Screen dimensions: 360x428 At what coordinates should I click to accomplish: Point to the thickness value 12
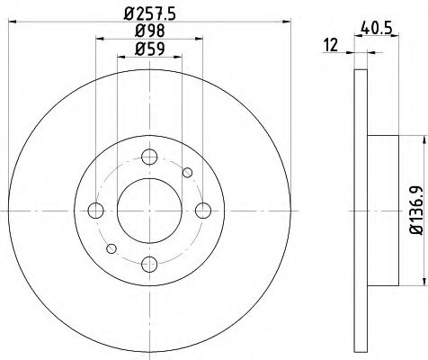point(332,44)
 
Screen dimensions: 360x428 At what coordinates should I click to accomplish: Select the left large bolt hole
point(95,211)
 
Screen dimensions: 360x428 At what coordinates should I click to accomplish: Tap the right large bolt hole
point(203,211)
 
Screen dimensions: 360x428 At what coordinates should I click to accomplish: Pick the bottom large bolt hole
point(150,264)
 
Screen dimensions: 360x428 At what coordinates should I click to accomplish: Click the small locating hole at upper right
point(187,172)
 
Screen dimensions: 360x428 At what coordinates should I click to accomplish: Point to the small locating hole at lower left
point(111,248)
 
